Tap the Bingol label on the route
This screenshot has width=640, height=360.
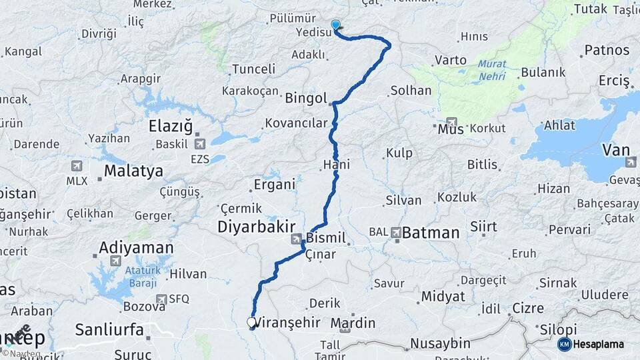tap(306, 99)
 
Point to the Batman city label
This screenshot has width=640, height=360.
tap(431, 233)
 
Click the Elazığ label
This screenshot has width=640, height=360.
tap(170, 125)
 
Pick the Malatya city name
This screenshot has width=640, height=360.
tap(133, 171)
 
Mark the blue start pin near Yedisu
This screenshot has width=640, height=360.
tap(335, 25)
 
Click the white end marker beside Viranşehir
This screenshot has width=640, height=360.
tap(251, 323)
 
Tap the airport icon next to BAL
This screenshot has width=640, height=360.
tap(397, 232)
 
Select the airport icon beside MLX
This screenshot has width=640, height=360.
tap(75, 165)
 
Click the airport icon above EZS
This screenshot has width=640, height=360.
tap(199, 143)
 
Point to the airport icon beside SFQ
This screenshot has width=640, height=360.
tap(160, 300)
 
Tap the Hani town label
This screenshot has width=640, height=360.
tap(336, 164)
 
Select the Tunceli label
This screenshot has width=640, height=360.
tap(253, 69)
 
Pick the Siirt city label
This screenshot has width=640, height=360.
tap(483, 227)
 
